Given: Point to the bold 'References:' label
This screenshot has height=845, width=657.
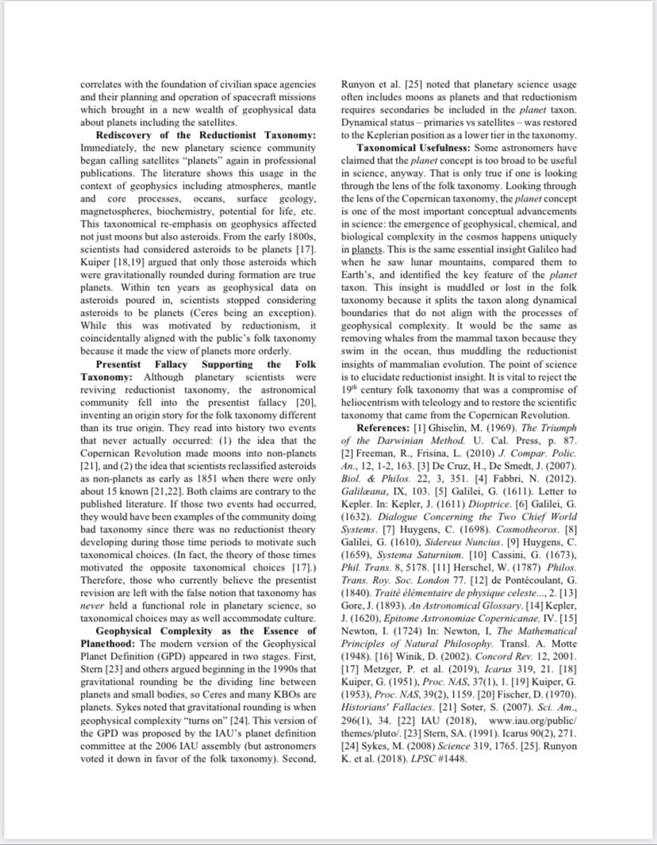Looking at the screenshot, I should click(385, 427).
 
